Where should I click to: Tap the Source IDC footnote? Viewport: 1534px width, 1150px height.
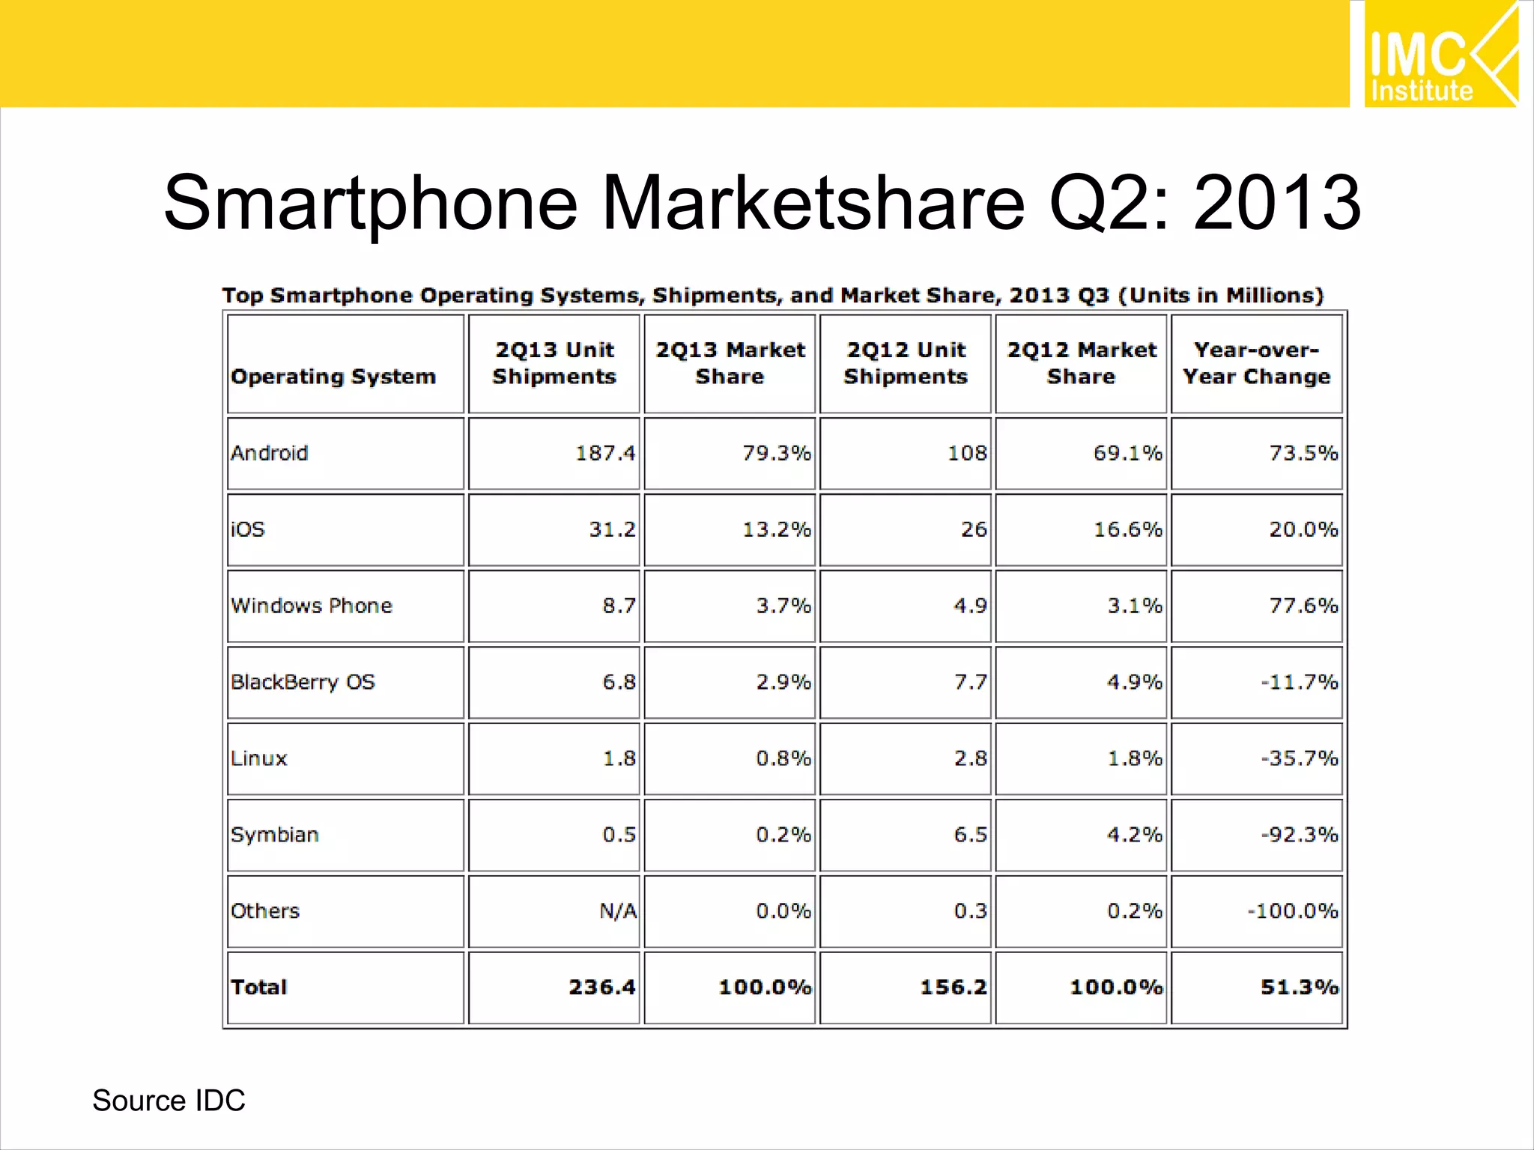pyautogui.click(x=169, y=1101)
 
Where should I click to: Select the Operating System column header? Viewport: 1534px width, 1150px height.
pyautogui.click(x=333, y=377)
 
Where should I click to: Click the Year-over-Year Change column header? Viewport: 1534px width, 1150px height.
pyautogui.click(x=1256, y=363)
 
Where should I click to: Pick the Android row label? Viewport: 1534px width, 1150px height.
pyautogui.click(x=270, y=454)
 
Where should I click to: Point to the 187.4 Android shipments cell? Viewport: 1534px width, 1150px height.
pyautogui.click(x=604, y=454)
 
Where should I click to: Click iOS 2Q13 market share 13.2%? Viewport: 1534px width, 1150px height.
pyautogui.click(x=776, y=530)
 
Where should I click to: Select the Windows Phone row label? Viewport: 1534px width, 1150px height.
pyautogui.click(x=312, y=606)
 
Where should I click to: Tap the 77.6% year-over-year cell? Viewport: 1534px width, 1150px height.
pyautogui.click(x=1303, y=606)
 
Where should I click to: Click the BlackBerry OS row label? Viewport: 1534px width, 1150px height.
pyautogui.click(x=303, y=682)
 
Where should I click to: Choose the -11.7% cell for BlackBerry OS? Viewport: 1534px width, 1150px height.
pyautogui.click(x=1299, y=682)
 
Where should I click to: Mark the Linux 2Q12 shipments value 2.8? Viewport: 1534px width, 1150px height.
pyautogui.click(x=970, y=758)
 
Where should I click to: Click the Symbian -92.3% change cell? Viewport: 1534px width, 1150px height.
pyautogui.click(x=1299, y=835)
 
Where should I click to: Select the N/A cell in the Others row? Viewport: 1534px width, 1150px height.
pyautogui.click(x=618, y=911)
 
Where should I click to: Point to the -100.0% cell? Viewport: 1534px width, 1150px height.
pyautogui.click(x=1292, y=911)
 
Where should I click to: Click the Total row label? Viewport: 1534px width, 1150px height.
pyautogui.click(x=259, y=988)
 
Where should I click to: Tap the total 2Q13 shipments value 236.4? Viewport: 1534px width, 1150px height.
pyautogui.click(x=601, y=988)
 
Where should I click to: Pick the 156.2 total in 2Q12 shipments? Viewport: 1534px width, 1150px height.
pyautogui.click(x=953, y=988)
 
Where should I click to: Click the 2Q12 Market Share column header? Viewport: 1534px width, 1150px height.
pyautogui.click(x=1081, y=363)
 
